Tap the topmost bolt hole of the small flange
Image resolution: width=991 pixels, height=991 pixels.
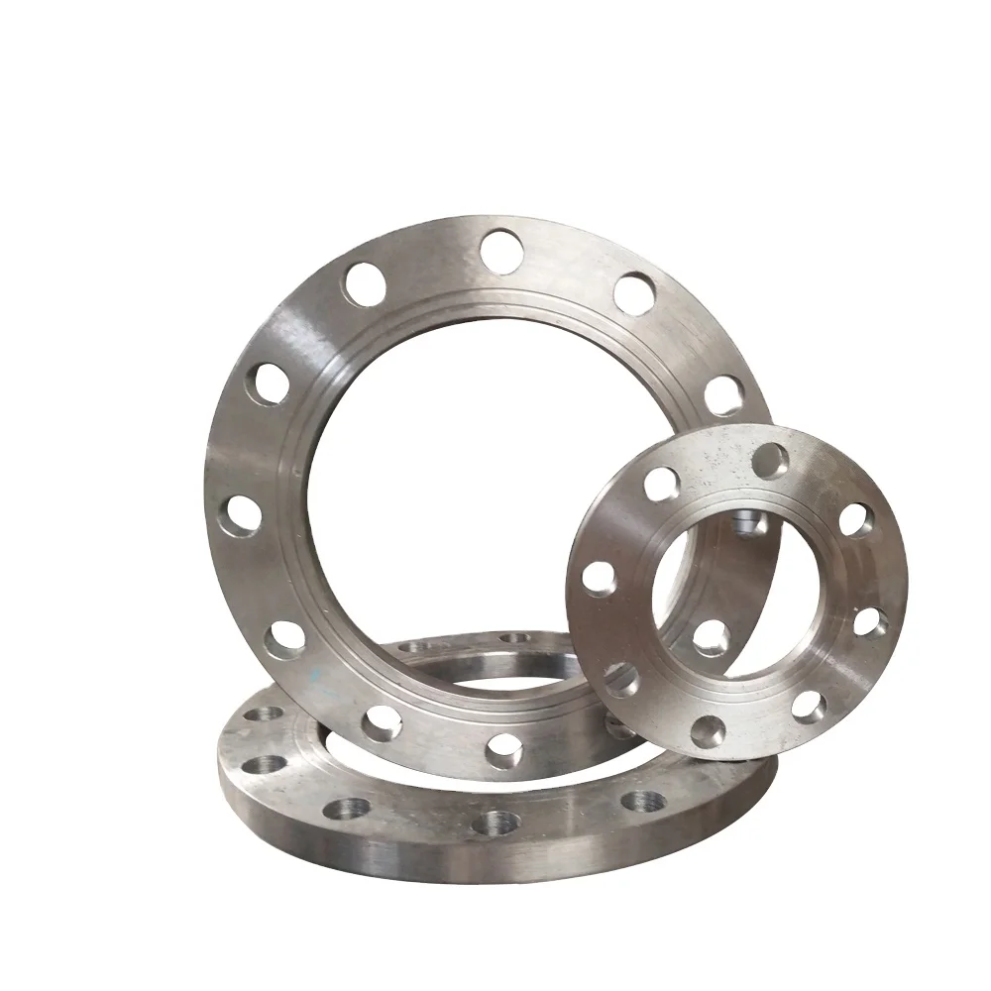[770, 459]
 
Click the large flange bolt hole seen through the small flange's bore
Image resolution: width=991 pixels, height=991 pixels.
[711, 636]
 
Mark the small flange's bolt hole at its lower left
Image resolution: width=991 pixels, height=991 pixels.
[622, 680]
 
